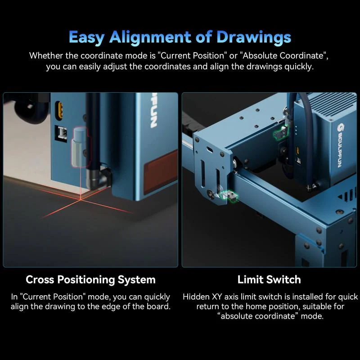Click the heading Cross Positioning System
click(x=90, y=279)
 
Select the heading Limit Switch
click(x=269, y=279)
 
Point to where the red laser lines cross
click(x=81, y=198)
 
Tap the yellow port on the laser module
click(x=59, y=110)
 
